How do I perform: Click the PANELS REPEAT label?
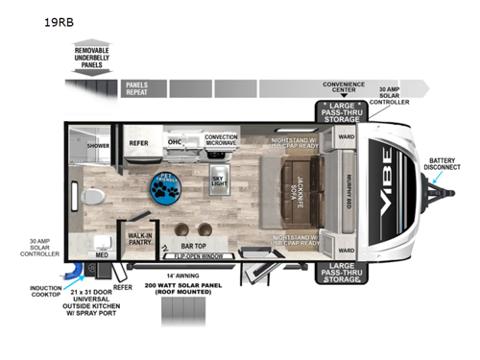(x=136, y=90)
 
